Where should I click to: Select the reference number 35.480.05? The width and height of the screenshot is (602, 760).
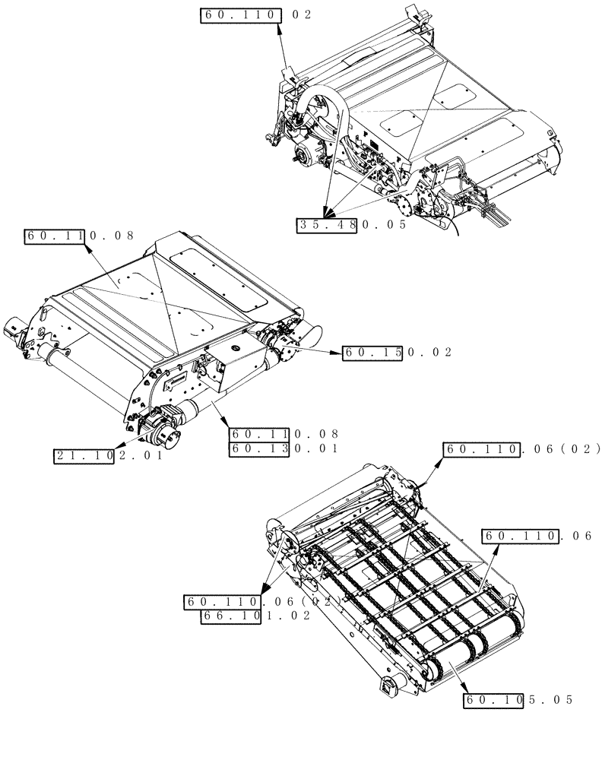[x=353, y=225]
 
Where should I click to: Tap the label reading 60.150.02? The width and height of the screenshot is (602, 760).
[x=397, y=352]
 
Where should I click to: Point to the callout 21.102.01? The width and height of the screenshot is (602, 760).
[x=107, y=456]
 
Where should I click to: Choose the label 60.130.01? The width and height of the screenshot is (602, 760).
[x=283, y=448]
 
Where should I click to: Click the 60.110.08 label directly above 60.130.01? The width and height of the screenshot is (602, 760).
[x=283, y=434]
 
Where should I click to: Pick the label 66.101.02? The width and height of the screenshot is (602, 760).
[x=255, y=617]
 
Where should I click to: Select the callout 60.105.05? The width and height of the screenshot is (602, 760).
[x=517, y=699]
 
